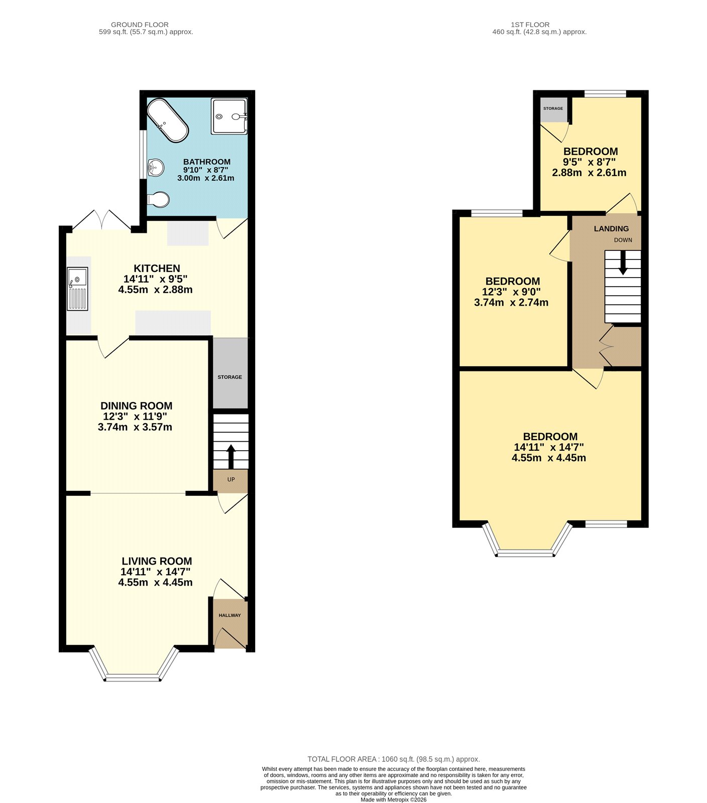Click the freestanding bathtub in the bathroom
point(168,120)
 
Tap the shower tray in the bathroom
point(229,116)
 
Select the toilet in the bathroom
point(159,200)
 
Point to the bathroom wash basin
point(156,167)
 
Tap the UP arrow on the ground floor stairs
point(231,456)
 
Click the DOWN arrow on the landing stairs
point(623,262)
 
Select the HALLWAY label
point(229,615)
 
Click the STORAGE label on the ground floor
point(230,377)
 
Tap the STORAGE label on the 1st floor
point(553,108)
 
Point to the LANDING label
point(611,229)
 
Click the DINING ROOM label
point(136,406)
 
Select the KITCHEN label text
point(157,269)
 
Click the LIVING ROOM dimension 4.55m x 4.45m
point(155,583)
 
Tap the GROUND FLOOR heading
point(140,25)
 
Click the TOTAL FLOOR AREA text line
point(393,759)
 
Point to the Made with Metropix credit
point(393,799)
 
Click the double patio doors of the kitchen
point(102,221)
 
